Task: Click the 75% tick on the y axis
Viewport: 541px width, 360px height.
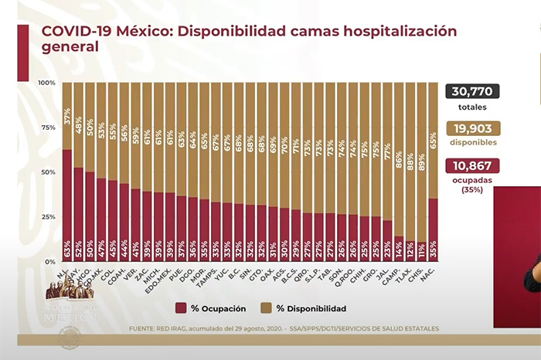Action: (46, 127)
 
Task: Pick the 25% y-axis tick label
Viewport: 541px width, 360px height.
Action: (46, 218)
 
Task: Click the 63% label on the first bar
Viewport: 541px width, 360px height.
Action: (67, 250)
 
